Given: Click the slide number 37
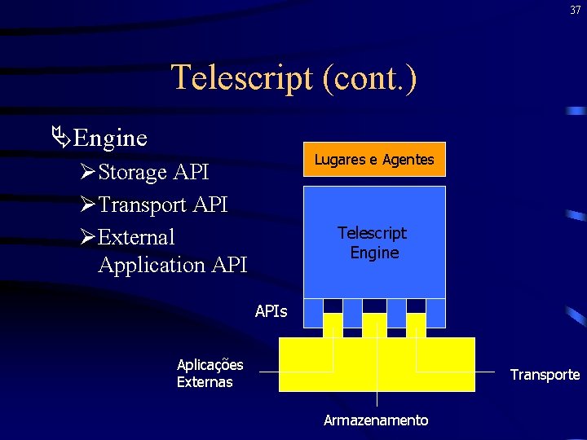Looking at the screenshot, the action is (576, 10).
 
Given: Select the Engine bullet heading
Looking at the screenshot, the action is (109, 138).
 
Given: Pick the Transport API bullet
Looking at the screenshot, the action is (162, 205).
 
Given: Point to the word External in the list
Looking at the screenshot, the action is (136, 237).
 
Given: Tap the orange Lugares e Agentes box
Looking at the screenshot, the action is (374, 160).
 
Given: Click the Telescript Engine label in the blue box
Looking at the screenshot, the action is (374, 243).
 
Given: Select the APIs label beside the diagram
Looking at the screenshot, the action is (271, 310).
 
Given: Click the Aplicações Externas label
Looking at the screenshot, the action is (210, 373).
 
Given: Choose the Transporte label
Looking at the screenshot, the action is (545, 375).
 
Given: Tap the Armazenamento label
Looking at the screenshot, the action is (376, 420).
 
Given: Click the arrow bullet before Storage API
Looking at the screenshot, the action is (88, 173).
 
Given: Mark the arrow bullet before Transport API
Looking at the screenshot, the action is (88, 205).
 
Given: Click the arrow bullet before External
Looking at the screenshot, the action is (88, 238).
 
